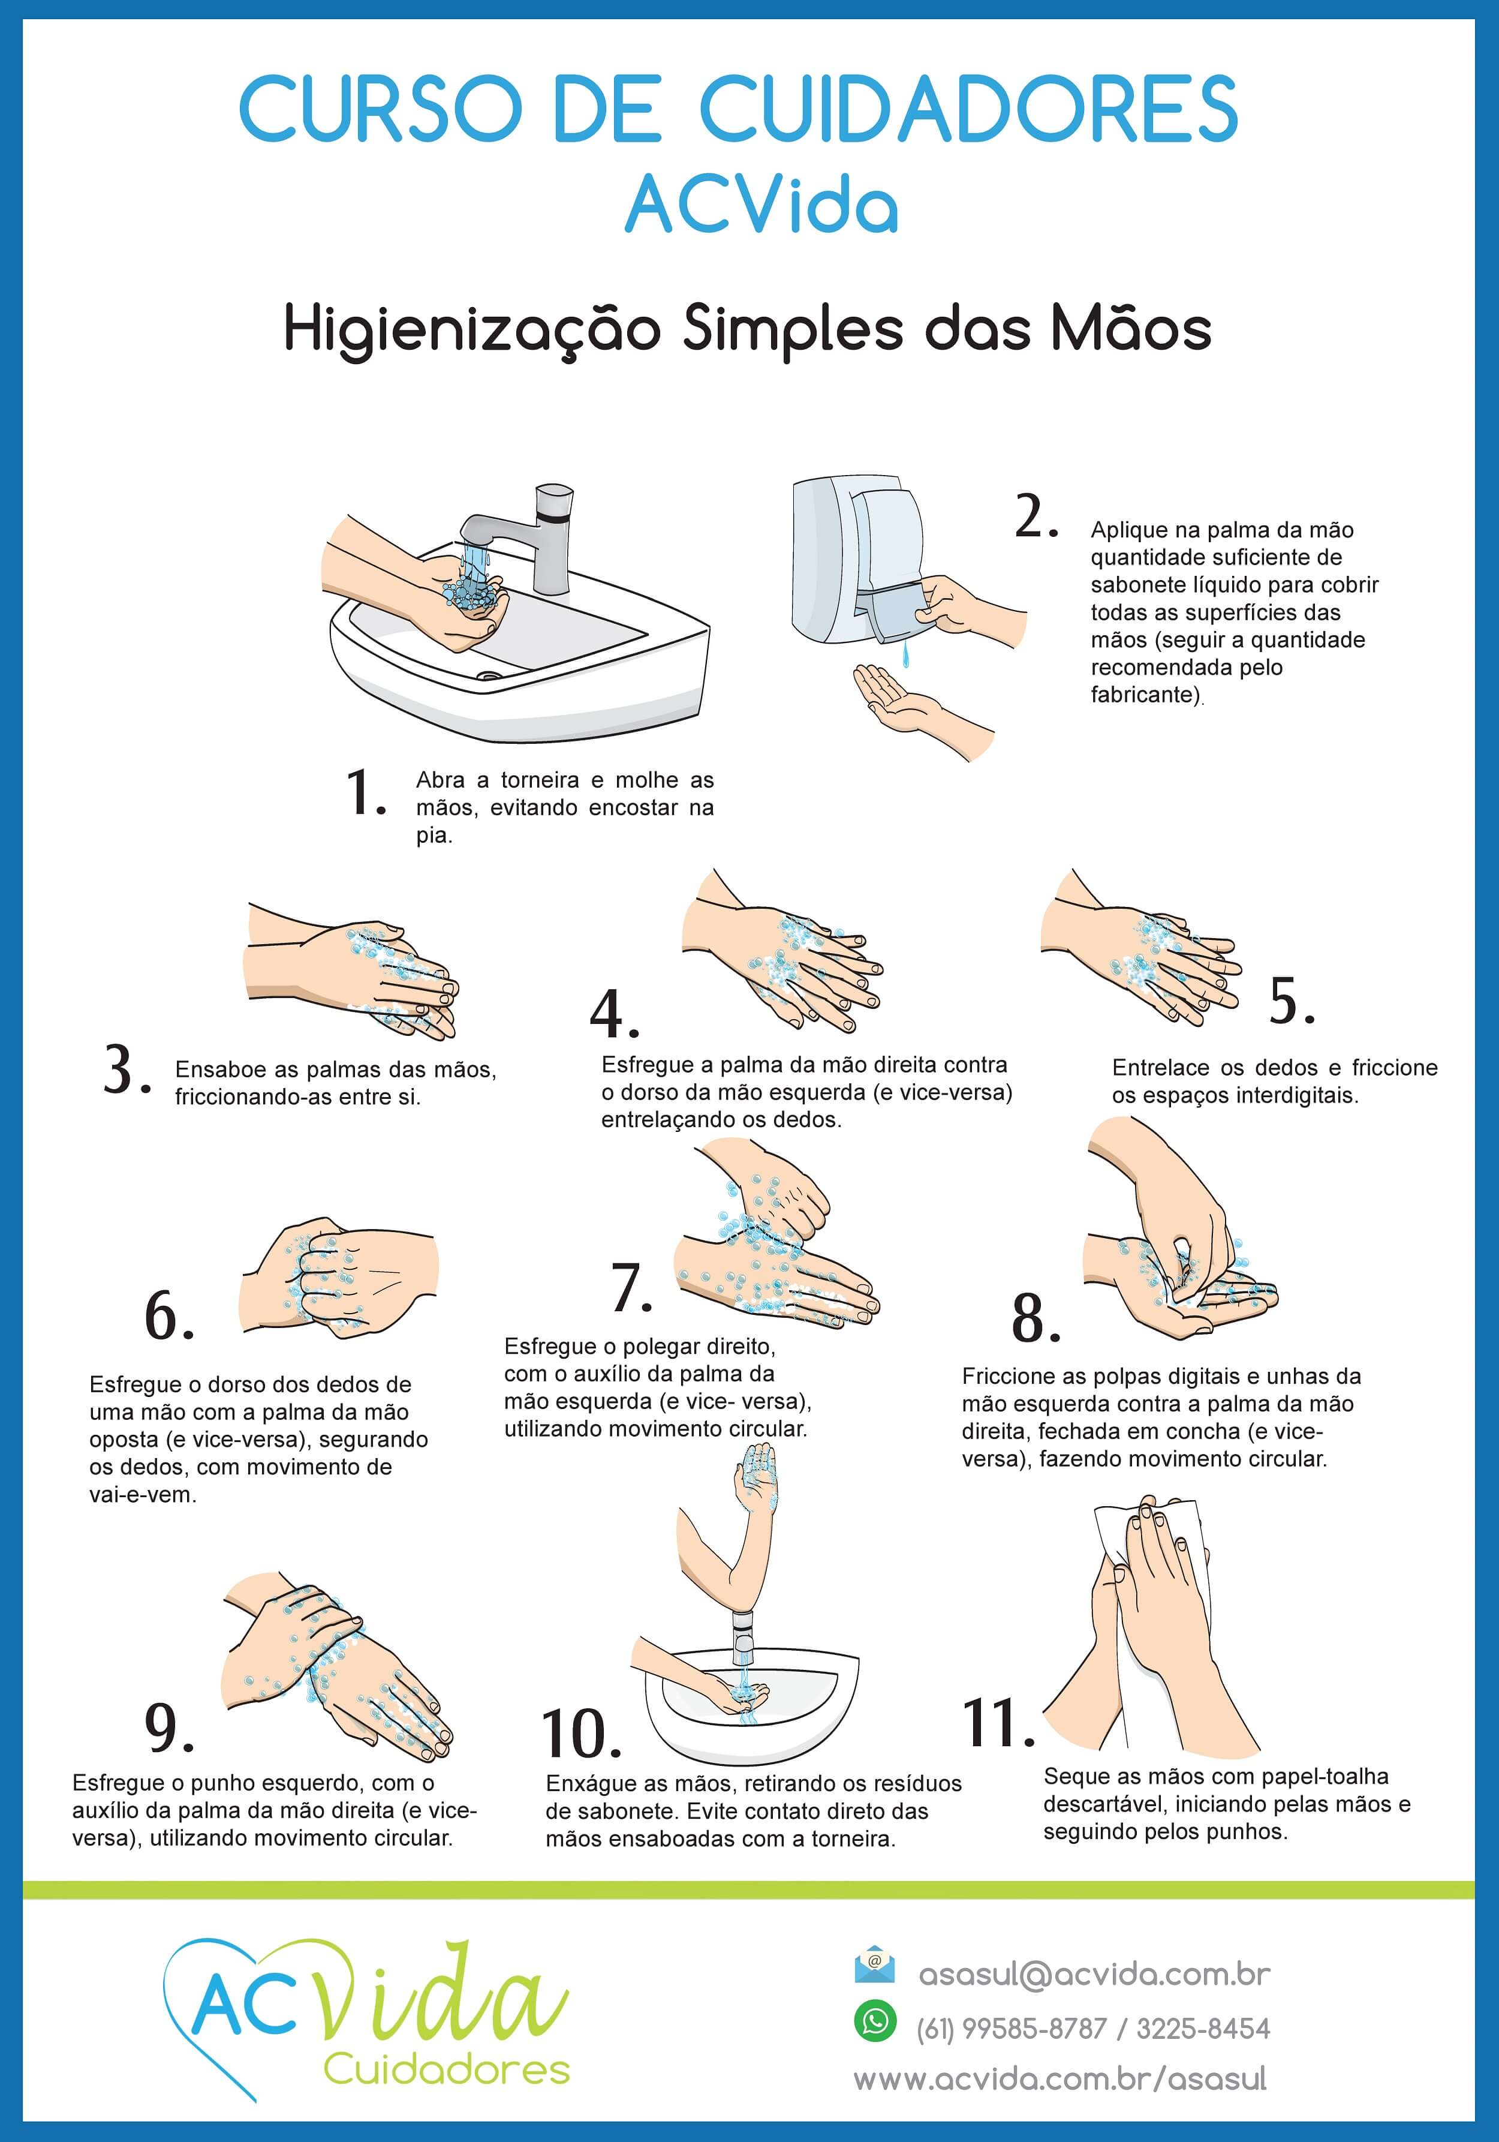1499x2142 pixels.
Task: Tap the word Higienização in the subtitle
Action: [x=472, y=331]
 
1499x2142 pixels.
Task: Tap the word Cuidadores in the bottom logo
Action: [x=447, y=2069]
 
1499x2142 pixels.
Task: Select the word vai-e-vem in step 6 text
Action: [x=143, y=1495]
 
